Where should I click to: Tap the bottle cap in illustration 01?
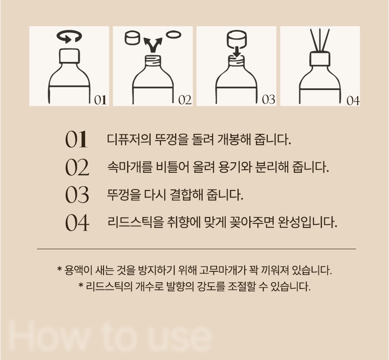click(70, 56)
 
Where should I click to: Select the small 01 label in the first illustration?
click(100, 100)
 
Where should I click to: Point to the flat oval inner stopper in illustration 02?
click(173, 34)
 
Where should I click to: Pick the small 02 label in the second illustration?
click(185, 100)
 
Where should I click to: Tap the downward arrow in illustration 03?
click(237, 52)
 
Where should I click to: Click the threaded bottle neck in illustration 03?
click(237, 61)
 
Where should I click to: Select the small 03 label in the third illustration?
click(269, 99)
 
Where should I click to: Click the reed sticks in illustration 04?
click(320, 40)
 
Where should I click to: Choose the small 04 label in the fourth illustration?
click(353, 101)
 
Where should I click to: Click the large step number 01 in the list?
click(76, 139)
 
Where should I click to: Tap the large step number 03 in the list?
click(77, 195)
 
